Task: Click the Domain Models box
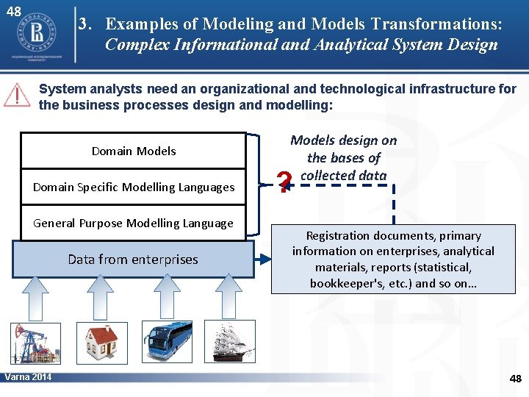coord(133,151)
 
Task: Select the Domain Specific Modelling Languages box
coord(133,187)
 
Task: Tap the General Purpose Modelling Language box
coord(133,223)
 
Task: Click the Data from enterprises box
coord(133,260)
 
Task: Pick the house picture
coord(101,341)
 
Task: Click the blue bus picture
coord(168,341)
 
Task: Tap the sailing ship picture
coord(234,341)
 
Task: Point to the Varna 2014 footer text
coord(28,377)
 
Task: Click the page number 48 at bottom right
coord(515,379)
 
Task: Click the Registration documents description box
coord(392,260)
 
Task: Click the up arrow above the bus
coord(168,298)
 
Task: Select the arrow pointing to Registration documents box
coord(262,260)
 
